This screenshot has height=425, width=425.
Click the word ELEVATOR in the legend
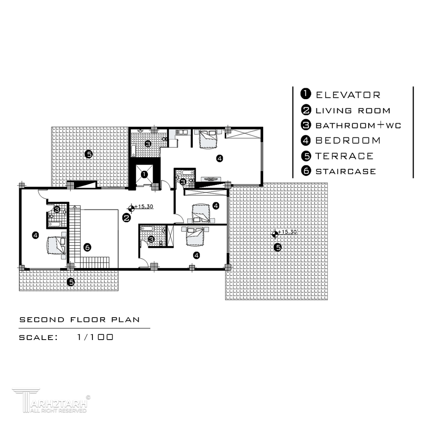(x=348, y=95)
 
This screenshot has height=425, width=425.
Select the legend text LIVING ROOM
(x=353, y=111)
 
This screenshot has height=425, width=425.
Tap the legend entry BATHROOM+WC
(x=358, y=125)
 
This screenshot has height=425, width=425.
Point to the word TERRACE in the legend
(x=344, y=156)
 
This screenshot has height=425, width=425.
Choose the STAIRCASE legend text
(x=346, y=171)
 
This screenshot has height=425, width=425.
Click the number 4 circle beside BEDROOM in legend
(x=306, y=140)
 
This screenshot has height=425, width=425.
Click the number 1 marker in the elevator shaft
(x=144, y=174)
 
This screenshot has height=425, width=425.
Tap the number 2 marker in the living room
(x=127, y=218)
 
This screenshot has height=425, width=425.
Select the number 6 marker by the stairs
(x=87, y=247)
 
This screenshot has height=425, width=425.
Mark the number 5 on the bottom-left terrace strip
(x=71, y=282)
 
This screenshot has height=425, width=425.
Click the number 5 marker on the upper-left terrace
(x=89, y=154)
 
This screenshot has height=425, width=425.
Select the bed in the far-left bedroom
(x=57, y=245)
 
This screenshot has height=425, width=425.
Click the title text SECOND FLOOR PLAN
(x=79, y=320)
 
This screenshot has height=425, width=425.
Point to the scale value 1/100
(x=95, y=337)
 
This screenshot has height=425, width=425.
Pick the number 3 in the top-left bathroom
(x=148, y=144)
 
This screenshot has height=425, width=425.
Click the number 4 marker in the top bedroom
(x=220, y=158)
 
